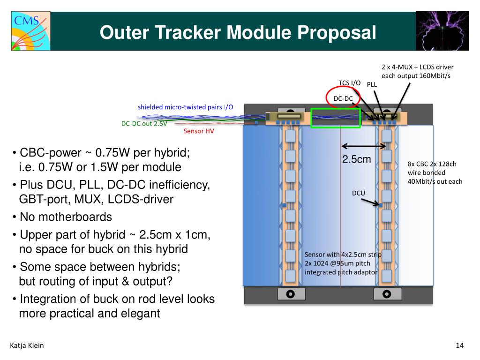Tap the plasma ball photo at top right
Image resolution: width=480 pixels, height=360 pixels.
click(442, 31)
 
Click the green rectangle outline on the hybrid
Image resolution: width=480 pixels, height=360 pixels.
click(336, 118)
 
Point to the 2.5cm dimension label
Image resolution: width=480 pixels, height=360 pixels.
click(356, 159)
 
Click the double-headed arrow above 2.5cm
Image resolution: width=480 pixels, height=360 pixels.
click(364, 146)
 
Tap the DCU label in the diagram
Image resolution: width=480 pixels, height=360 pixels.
click(358, 193)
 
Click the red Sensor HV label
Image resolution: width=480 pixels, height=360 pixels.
click(198, 131)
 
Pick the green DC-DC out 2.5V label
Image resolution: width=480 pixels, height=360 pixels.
click(144, 124)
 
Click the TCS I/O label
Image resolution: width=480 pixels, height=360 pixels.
click(350, 83)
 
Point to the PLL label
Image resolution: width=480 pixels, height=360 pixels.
click(372, 85)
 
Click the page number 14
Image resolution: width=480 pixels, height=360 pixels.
click(459, 346)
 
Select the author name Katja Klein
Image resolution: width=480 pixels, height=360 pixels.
click(27, 346)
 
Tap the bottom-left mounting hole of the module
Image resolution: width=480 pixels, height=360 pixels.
click(290, 294)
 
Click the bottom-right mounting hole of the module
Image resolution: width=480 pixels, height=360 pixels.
click(387, 294)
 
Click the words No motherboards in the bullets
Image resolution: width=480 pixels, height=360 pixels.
click(66, 217)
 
